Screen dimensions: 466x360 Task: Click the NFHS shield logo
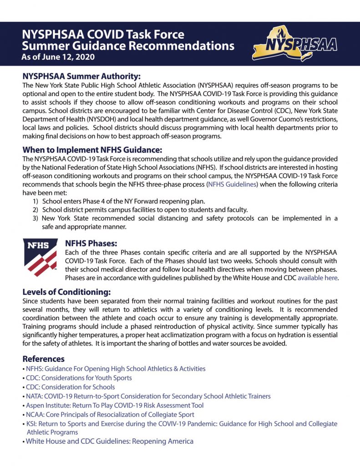coord(40,258)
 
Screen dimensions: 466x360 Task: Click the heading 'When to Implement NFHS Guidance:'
coord(92,150)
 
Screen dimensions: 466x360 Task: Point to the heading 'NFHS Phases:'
coord(91,243)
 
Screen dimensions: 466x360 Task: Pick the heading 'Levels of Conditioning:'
coord(67,292)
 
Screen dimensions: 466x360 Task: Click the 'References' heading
coord(44,359)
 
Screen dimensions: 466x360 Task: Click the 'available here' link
coord(318,278)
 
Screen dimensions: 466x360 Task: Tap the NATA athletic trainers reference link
coord(148,396)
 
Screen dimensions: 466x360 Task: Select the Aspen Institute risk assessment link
coord(115,405)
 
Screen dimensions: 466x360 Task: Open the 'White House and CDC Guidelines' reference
coord(109,441)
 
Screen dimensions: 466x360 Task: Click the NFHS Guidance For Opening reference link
coord(116,369)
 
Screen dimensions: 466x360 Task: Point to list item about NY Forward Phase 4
coord(123,201)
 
